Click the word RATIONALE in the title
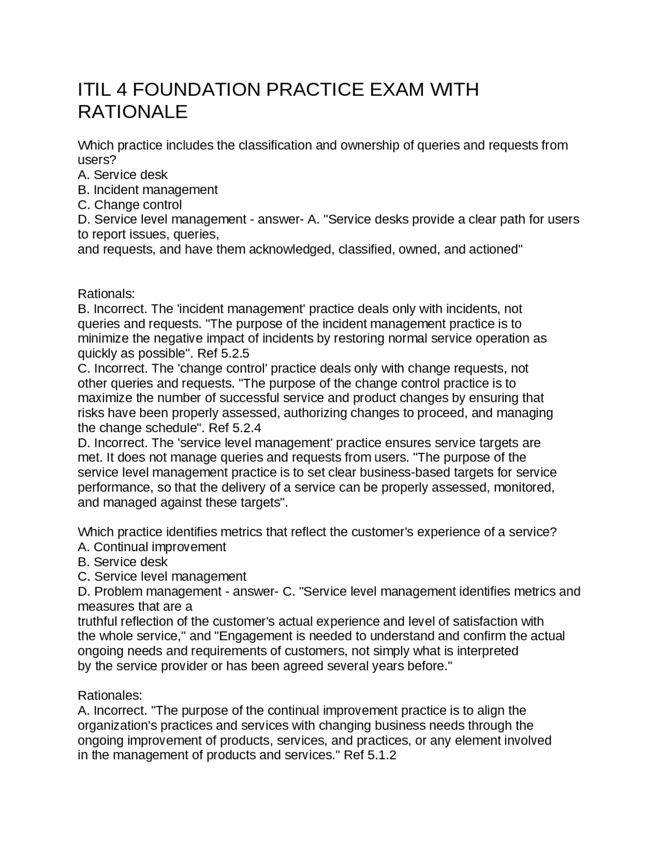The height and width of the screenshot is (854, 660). [133, 112]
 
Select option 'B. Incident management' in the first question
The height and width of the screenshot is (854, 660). [147, 190]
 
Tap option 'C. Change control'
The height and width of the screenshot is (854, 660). [129, 205]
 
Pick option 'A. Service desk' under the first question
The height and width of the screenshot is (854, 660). [122, 175]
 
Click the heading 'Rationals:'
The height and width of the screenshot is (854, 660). [106, 294]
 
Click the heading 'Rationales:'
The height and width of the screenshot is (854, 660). [109, 696]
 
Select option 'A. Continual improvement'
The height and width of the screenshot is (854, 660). [152, 547]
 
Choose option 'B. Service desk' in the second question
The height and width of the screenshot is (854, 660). [122, 562]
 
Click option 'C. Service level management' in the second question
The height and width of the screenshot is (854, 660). [162, 577]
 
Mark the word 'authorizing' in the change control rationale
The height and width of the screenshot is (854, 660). [316, 413]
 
